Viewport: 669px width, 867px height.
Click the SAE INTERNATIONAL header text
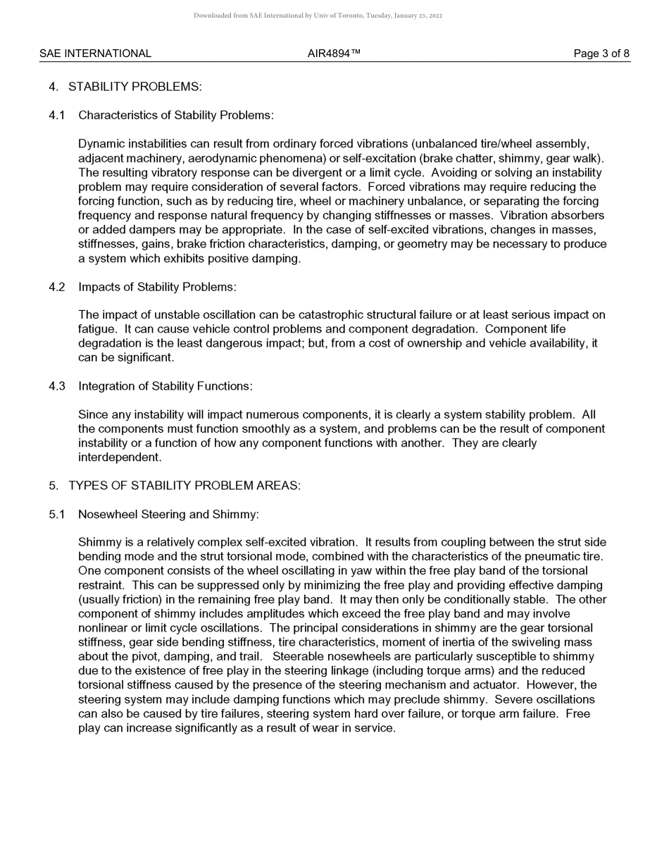[x=95, y=54]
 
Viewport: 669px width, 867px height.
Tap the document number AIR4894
[x=334, y=54]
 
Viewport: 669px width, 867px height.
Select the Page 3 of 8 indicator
[x=601, y=54]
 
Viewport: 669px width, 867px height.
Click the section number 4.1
[x=57, y=115]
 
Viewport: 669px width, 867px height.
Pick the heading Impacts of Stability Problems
[x=157, y=287]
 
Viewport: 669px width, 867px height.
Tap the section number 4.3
[x=57, y=386]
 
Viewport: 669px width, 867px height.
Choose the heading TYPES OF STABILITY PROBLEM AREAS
[x=184, y=486]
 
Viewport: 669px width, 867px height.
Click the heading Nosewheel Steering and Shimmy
[x=168, y=515]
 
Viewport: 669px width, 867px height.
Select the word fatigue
[x=97, y=329]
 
